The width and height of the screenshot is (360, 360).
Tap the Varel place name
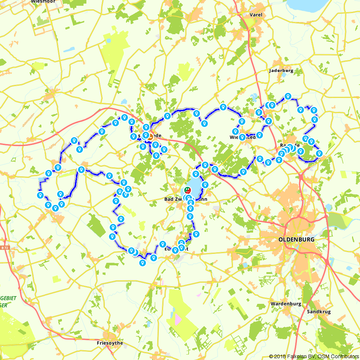coord(256,15)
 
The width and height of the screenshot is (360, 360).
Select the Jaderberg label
coord(281,71)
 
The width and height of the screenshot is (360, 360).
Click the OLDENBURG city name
coord(296,239)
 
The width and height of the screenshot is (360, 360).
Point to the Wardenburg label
coord(285,304)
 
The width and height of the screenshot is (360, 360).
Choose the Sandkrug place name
coord(319,312)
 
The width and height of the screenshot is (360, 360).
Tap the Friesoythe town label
coord(110,343)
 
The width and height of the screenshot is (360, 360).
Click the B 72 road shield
coord(4,248)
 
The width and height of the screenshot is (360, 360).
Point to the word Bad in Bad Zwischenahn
coord(168,199)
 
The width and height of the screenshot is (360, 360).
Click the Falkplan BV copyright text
coord(294,356)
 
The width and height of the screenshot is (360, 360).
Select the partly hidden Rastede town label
coord(288,145)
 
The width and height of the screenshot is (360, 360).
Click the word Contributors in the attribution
coord(343,356)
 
